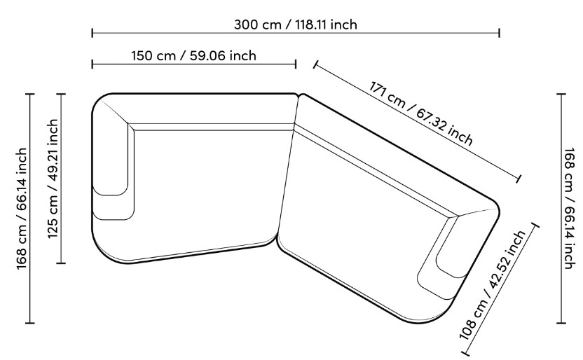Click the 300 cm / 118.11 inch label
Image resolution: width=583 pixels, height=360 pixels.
click(296, 25)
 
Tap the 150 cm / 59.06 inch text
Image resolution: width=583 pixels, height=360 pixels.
click(193, 55)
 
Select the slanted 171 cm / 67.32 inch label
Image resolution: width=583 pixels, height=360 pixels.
click(421, 113)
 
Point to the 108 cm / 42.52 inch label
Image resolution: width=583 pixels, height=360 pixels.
click(493, 285)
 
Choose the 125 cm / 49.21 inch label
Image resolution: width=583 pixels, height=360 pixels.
click(53, 179)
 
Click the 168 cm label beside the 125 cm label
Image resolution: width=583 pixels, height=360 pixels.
click(22, 209)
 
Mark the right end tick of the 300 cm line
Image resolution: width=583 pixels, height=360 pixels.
click(499, 33)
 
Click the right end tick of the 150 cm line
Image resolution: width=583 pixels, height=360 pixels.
click(296, 64)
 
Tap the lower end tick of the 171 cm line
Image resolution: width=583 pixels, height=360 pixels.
click(519, 179)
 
